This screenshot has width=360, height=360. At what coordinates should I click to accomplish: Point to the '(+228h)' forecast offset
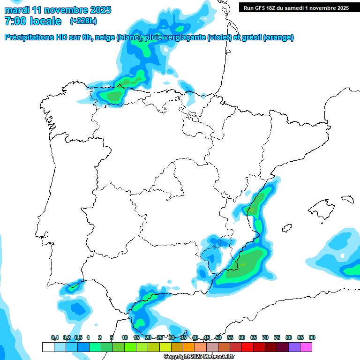83,21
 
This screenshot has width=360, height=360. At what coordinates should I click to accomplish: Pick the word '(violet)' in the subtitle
219,37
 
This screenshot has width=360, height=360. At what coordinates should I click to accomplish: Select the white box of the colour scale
48,347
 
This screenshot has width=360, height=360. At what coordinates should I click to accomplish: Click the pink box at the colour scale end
306,347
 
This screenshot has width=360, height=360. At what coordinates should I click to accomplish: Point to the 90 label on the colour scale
312,338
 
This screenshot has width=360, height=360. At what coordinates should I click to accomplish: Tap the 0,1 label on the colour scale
54,338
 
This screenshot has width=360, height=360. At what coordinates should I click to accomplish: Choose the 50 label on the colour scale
218,338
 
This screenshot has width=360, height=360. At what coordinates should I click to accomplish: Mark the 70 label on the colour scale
265,338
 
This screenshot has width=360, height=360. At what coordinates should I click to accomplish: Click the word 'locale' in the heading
45,21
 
